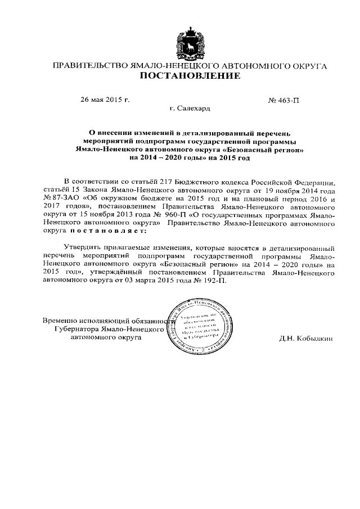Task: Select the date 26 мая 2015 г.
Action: point(105,100)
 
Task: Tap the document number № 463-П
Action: point(285,100)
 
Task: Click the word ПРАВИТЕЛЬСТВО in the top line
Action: point(89,65)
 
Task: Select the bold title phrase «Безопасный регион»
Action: point(271,150)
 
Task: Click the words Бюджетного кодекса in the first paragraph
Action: point(206,183)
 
